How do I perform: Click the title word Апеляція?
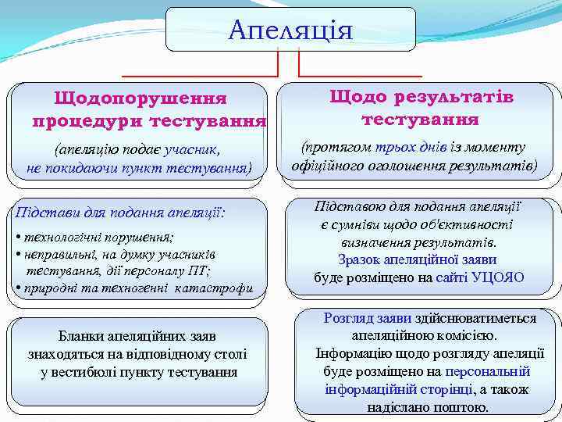click(x=290, y=30)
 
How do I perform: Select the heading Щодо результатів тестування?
click(x=421, y=108)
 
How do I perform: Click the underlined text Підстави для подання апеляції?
click(x=121, y=213)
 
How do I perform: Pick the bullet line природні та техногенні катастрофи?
click(x=135, y=288)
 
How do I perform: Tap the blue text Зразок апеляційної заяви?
click(x=417, y=259)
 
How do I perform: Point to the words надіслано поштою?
click(x=428, y=407)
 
